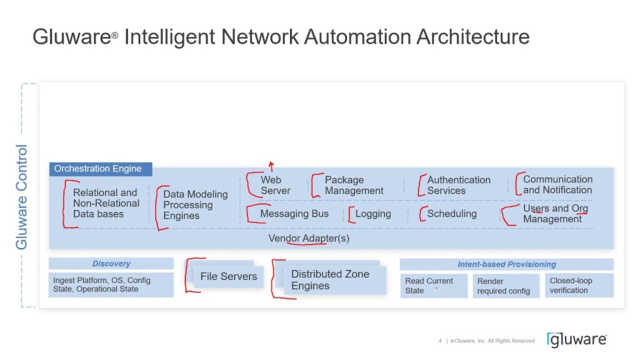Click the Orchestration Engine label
[98, 169]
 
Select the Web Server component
[276, 185]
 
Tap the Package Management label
[354, 185]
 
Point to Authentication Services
[459, 185]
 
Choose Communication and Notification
[557, 184]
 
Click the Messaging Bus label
[294, 214]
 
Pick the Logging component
[373, 214]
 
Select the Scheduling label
[452, 214]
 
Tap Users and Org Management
[555, 213]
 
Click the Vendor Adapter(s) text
[309, 239]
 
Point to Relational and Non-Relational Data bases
[106, 203]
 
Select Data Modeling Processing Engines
[195, 205]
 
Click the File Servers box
[229, 276]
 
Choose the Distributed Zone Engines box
[330, 280]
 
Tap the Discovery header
[111, 264]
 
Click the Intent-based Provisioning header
[506, 264]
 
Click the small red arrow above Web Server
[271, 166]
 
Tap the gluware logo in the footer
[576, 339]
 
